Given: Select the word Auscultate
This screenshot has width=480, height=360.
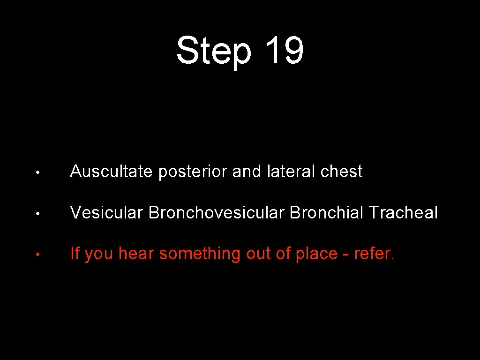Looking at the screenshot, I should click(111, 172).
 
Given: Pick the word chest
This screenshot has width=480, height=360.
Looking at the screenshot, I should click(341, 172).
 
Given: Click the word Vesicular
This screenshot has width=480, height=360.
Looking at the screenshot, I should click(107, 213).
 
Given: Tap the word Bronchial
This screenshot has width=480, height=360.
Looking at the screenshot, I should click(327, 213).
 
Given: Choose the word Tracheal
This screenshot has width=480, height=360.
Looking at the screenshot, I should click(403, 213).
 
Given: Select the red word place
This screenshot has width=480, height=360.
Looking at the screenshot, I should click(316, 254).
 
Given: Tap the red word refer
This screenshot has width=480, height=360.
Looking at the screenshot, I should click(375, 254).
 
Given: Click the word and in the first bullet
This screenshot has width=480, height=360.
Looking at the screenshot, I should click(248, 172).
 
